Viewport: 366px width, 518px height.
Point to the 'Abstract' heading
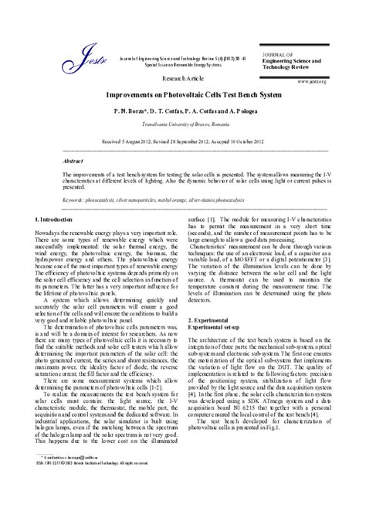tap(73, 161)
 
